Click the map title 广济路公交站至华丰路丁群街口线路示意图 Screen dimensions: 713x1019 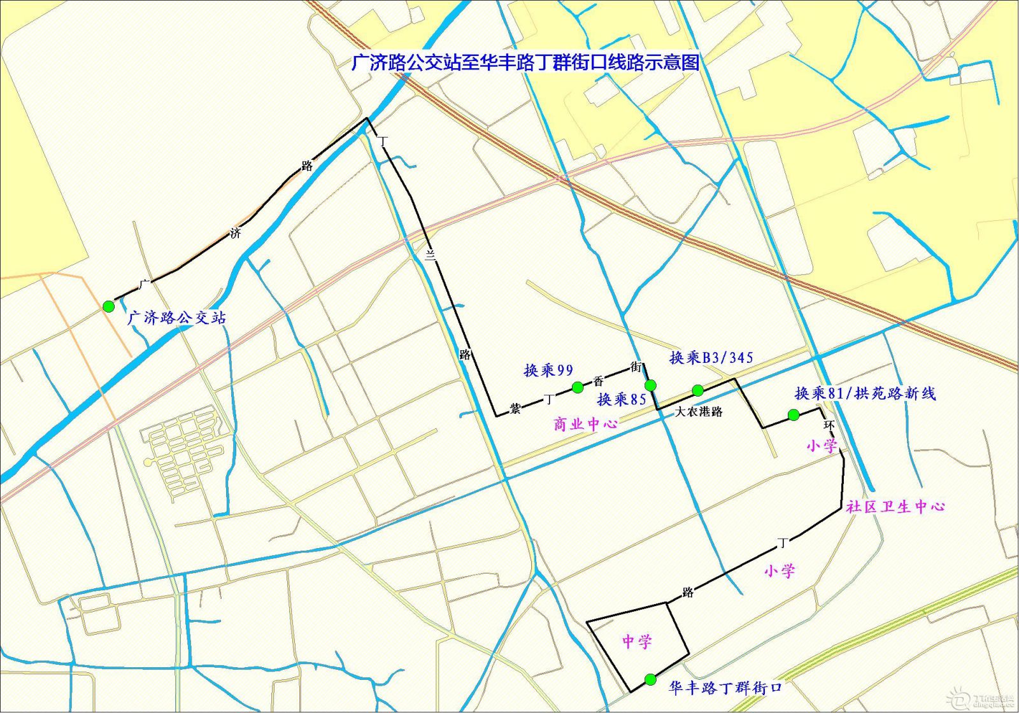[525, 62]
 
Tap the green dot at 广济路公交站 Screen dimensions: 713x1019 [108, 306]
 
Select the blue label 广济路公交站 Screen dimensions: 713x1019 [177, 317]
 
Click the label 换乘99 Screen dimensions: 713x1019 [548, 370]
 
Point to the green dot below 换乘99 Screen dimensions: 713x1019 [578, 387]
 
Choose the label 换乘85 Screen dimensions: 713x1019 [622, 400]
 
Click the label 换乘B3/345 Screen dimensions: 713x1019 [711, 358]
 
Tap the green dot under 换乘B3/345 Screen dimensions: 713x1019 [698, 390]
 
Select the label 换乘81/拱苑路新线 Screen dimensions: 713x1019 [866, 393]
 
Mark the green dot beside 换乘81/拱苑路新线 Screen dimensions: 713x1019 [794, 415]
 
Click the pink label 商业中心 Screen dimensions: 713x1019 [585, 424]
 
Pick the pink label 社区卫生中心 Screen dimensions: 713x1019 [895, 507]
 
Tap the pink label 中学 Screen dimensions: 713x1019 [637, 641]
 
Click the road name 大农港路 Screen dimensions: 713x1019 [699, 412]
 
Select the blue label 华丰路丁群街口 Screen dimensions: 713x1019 [725, 688]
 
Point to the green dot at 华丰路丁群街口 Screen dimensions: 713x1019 [650, 679]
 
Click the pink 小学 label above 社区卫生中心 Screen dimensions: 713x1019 [822, 446]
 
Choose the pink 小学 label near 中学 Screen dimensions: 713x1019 [780, 571]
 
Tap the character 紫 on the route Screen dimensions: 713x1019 [515, 409]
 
